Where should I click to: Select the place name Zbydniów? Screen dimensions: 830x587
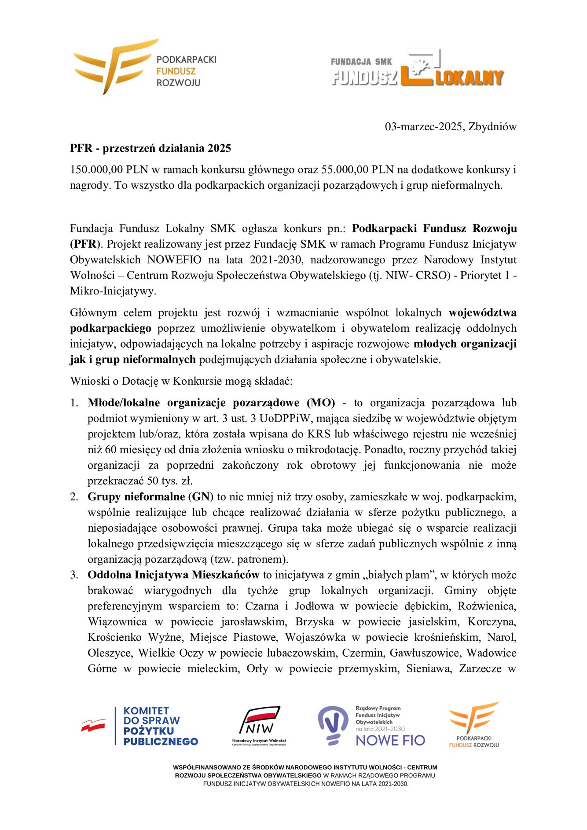coord(492,127)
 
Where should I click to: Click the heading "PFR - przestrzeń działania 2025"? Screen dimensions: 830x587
coord(150,148)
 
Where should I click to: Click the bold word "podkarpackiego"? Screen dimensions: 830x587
coord(111,328)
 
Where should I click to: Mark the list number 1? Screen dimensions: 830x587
coord(74,403)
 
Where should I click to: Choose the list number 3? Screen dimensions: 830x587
coord(74,575)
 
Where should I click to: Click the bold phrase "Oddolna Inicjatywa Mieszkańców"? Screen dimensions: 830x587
coord(173,575)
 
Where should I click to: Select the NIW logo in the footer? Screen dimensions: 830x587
coord(259,726)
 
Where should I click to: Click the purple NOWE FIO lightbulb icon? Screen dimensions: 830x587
coord(333,724)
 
